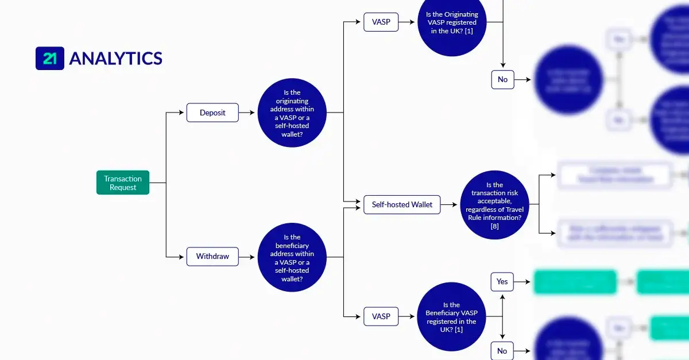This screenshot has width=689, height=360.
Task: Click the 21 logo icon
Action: click(x=49, y=59)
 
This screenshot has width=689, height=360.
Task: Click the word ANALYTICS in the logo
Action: click(x=115, y=59)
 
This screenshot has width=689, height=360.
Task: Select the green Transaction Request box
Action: click(x=123, y=183)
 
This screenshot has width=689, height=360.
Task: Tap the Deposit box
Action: click(x=212, y=113)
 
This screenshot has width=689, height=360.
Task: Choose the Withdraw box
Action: click(x=212, y=256)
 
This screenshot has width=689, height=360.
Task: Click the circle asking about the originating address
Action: click(x=292, y=113)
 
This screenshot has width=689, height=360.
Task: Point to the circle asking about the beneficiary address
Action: click(x=292, y=257)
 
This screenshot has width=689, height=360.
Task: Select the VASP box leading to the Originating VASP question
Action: click(x=381, y=22)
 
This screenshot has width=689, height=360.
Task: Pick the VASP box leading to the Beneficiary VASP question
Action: click(x=381, y=316)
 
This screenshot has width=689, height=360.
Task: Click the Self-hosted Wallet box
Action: click(x=402, y=204)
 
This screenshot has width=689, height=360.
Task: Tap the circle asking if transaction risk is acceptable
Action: click(x=494, y=205)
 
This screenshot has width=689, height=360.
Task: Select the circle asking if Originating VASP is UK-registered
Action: click(x=452, y=23)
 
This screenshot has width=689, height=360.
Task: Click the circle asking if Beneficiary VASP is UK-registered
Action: click(x=451, y=318)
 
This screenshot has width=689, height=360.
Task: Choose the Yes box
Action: click(x=502, y=282)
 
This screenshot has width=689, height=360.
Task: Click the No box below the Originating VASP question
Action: click(x=502, y=79)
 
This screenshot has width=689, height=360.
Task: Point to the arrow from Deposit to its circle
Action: click(x=247, y=113)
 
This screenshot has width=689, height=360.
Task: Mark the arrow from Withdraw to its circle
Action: click(x=247, y=256)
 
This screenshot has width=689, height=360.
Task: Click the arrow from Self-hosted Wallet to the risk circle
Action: click(x=450, y=204)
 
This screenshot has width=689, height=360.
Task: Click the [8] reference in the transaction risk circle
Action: click(x=494, y=226)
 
